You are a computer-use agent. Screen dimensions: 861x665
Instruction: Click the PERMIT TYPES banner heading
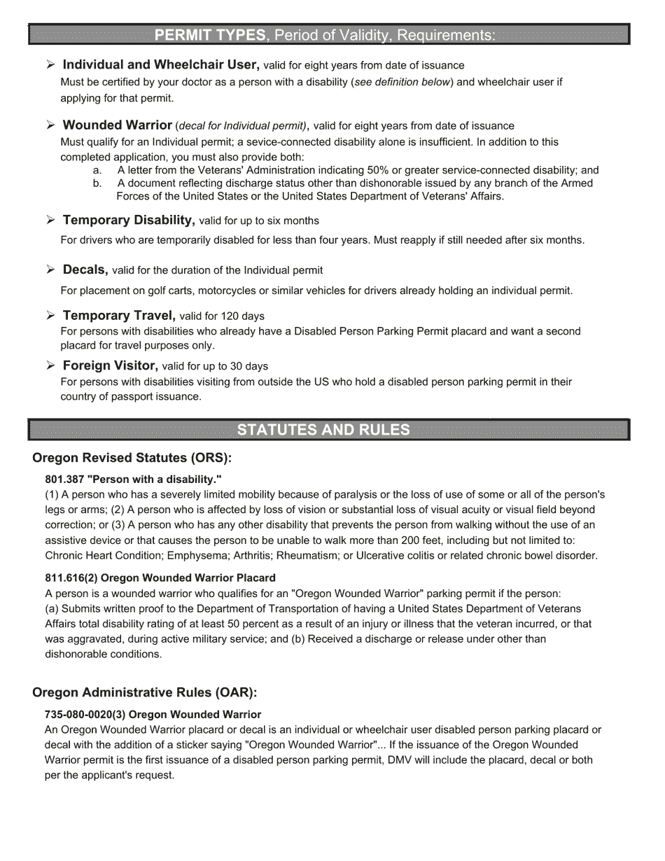210,34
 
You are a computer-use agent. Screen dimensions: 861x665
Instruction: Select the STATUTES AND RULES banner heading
323,430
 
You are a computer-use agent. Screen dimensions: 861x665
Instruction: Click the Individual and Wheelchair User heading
161,65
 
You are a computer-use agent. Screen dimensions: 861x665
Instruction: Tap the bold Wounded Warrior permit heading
117,125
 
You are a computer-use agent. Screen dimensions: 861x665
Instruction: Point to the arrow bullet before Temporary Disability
50,220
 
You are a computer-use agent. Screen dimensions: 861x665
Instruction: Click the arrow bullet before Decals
50,269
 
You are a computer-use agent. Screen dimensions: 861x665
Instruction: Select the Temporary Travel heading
118,316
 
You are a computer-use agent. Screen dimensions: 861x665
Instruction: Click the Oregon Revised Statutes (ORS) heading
132,458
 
